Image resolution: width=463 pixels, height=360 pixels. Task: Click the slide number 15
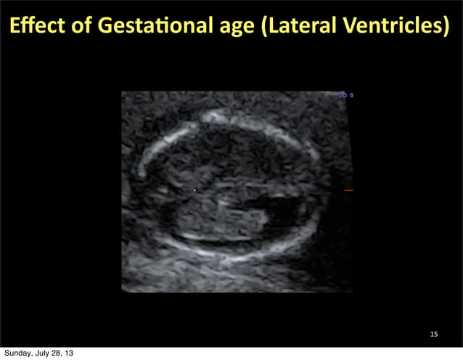click(434, 334)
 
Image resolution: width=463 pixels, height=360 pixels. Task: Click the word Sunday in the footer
click(17, 353)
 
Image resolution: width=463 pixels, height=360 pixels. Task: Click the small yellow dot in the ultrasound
click(194, 191)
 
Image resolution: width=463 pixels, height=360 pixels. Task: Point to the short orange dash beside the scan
click(348, 191)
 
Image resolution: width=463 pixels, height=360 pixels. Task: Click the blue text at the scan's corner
click(346, 94)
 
